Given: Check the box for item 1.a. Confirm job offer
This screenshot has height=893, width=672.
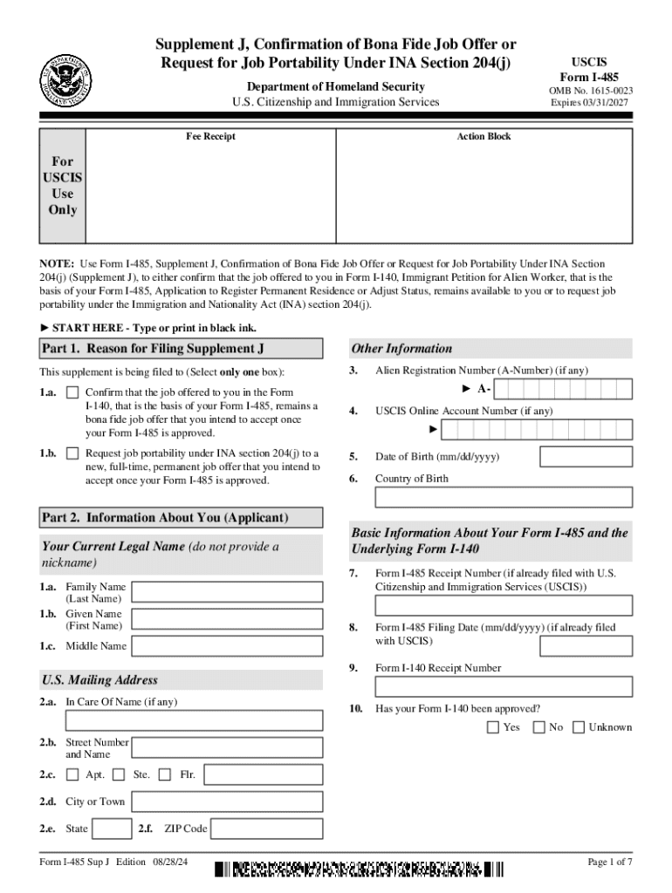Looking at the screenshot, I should (72, 393).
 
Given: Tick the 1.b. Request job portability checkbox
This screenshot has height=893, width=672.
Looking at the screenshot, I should (72, 453).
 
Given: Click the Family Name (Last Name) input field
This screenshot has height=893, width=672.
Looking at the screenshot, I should (230, 593).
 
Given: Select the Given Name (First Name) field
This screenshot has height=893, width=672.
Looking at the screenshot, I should (230, 620).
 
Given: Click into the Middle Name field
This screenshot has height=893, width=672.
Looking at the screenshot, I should (230, 646).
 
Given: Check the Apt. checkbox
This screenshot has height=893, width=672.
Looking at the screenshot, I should (72, 774).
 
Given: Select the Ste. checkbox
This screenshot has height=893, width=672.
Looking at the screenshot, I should (120, 774).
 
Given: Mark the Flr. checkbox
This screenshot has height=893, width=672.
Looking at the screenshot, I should (166, 774).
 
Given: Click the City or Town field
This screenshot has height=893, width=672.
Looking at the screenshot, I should (230, 802).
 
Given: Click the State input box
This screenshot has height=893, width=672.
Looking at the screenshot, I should (112, 828).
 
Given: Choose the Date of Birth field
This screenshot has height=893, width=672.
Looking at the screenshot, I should (586, 457).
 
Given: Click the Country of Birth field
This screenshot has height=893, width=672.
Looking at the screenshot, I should (504, 497).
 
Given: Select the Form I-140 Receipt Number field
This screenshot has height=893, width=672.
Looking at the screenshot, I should (504, 686).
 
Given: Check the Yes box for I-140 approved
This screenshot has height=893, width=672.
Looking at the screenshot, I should (493, 727).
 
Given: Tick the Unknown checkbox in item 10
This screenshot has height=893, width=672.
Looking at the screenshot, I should (579, 727).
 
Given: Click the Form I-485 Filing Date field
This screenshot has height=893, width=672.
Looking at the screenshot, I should (586, 646).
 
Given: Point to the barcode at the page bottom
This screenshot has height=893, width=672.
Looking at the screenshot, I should (359, 869).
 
